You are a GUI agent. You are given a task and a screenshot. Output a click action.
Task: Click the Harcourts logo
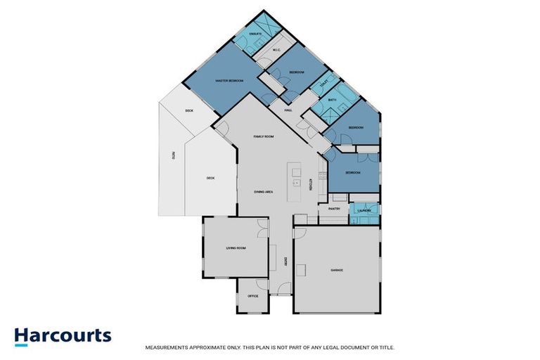click(63, 335)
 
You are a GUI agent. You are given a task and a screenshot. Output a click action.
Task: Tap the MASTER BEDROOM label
click(229, 82)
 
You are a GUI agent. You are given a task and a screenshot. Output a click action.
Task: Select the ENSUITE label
click(255, 34)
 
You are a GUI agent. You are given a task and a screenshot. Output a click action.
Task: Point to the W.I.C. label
click(276, 49)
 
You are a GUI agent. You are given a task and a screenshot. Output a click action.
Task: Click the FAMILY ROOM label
click(263, 136)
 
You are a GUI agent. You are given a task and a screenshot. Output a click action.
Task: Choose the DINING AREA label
click(263, 191)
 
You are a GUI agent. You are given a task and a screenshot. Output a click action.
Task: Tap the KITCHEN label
click(311, 184)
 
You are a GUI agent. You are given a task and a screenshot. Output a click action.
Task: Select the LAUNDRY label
click(364, 210)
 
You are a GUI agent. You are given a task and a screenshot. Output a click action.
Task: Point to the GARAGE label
click(336, 269)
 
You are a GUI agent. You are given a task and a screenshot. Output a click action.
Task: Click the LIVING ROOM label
click(235, 248)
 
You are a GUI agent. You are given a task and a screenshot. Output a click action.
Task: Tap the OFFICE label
click(253, 296)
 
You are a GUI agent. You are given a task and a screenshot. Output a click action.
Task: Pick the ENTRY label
click(285, 262)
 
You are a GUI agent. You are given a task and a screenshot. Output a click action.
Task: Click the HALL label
click(288, 111)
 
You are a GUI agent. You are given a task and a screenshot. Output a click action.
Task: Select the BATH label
click(332, 101)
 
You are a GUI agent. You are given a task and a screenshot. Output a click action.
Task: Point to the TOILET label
click(323, 85)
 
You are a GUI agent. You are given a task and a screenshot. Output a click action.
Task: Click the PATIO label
click(173, 155)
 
